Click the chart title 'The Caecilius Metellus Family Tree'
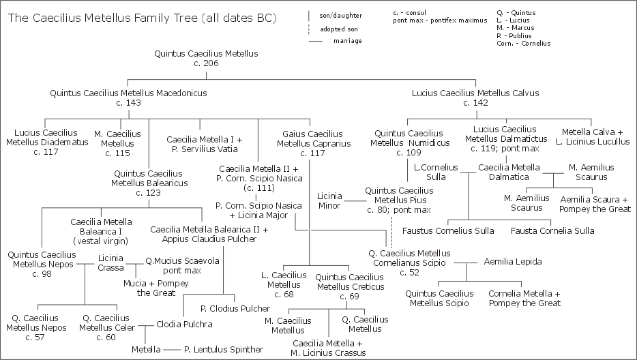point(142,18)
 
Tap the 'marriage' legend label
point(348,41)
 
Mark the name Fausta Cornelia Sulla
point(552,231)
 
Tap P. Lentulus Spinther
point(223,350)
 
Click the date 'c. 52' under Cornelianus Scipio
point(410,273)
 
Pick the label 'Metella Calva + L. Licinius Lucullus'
point(595,136)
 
